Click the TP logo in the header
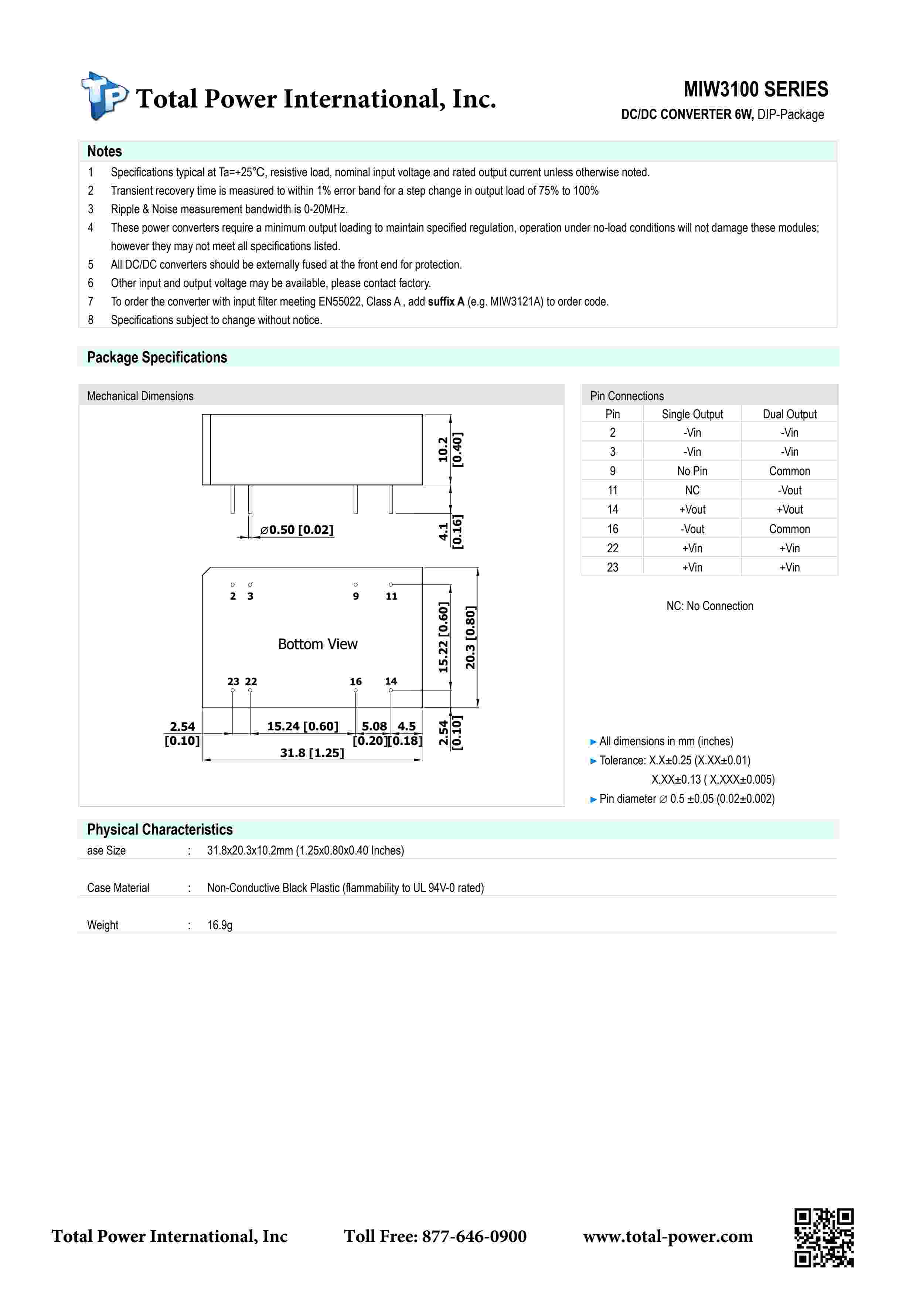click(x=105, y=96)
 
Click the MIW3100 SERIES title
click(x=755, y=89)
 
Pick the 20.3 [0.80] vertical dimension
click(x=470, y=637)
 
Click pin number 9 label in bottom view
click(x=355, y=596)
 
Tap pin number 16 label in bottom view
click(x=355, y=681)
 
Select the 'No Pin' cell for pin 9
click(x=692, y=471)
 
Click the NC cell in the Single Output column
click(x=692, y=490)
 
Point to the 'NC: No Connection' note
click(x=709, y=606)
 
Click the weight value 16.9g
click(x=219, y=925)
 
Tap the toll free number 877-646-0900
click(x=474, y=1236)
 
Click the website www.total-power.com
click(x=668, y=1236)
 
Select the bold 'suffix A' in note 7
click(x=446, y=301)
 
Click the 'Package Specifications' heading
click(x=157, y=357)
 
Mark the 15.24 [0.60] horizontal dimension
click(x=303, y=726)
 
